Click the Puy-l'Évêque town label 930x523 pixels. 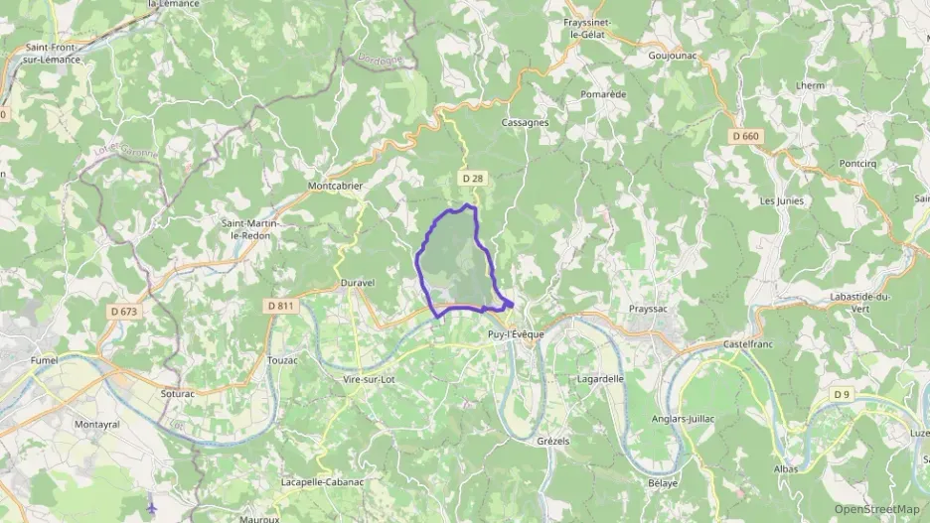coord(516,334)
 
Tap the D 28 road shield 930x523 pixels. coord(472,178)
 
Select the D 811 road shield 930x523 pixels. coord(281,306)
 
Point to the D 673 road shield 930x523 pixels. coord(124,311)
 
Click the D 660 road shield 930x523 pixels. coord(744,136)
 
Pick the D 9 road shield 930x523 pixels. coord(842,395)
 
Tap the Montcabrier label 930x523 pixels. coord(335,186)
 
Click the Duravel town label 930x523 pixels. coord(357,283)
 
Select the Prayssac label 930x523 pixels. coord(652,309)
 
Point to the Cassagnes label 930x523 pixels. coord(526,123)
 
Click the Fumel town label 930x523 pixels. coord(45,359)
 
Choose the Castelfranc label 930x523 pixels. coord(750,342)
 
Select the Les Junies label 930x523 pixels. coord(782,200)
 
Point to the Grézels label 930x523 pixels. coord(553,441)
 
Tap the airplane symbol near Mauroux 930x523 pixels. coord(152,507)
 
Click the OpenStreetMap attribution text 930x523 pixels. coord(877,509)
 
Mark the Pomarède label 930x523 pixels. coord(603,94)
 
